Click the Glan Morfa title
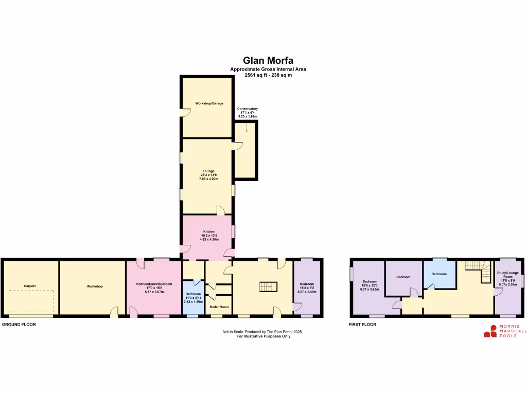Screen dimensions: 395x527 click(268, 61)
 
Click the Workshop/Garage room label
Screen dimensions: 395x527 click(209, 103)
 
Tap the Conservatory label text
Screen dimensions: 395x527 click(247, 112)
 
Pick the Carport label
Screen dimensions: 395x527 click(29, 286)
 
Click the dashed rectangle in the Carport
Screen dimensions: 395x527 click(31, 301)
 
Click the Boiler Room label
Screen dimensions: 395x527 click(219, 307)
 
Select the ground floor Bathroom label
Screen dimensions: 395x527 click(194, 297)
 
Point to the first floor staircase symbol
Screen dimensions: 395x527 click(479, 271)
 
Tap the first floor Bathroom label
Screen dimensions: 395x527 click(439, 274)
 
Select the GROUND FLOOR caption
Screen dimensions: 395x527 click(19, 325)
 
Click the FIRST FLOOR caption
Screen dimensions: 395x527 click(362, 325)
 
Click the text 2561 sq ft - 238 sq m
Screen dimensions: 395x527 click(268, 75)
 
